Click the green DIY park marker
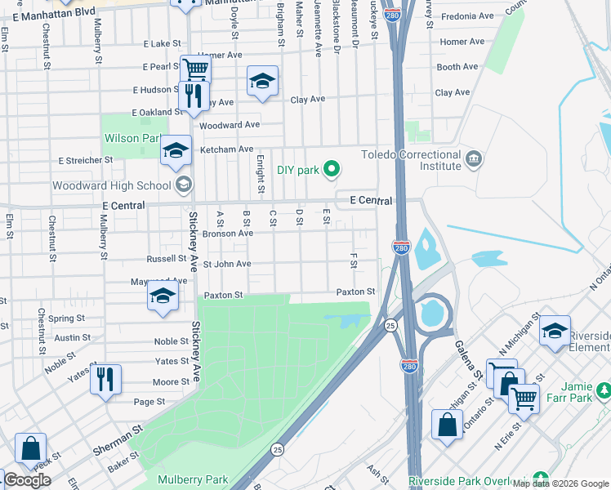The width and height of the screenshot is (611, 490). tap(331, 170)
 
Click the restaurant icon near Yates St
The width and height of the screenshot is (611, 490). tap(105, 380)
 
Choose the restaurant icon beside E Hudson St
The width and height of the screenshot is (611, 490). tap(194, 96)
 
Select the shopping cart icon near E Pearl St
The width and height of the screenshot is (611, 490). tap(194, 70)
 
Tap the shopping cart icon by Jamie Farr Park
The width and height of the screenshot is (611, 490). tap(524, 399)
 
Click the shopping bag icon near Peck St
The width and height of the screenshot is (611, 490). tap(29, 448)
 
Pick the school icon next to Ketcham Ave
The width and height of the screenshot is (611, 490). tap(176, 150)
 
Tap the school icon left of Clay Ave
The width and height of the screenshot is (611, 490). tap(261, 81)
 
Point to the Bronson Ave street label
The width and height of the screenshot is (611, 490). tap(228, 234)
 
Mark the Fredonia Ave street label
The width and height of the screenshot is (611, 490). tap(467, 16)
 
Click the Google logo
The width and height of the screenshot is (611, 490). tap(27, 480)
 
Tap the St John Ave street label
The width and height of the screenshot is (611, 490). tap(227, 265)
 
